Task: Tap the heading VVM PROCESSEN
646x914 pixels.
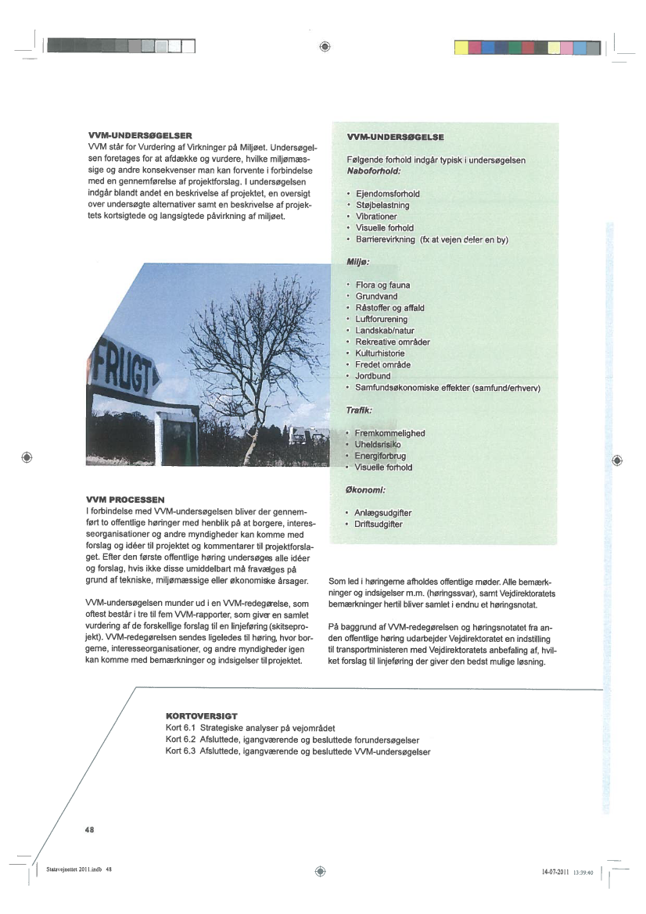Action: point(125,499)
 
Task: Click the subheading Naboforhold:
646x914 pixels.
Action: point(373,170)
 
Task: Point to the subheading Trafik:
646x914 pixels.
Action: point(359,410)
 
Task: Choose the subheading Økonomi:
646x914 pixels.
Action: point(367,490)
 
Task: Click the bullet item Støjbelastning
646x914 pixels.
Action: point(382,205)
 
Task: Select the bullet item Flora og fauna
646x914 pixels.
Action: point(382,285)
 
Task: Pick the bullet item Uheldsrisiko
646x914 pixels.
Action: point(379,445)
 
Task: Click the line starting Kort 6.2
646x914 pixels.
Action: point(292,740)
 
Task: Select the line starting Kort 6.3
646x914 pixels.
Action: point(298,751)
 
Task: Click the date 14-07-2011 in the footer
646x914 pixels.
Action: point(554,872)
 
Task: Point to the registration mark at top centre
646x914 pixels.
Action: point(324,46)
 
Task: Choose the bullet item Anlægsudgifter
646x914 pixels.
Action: point(383,513)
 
